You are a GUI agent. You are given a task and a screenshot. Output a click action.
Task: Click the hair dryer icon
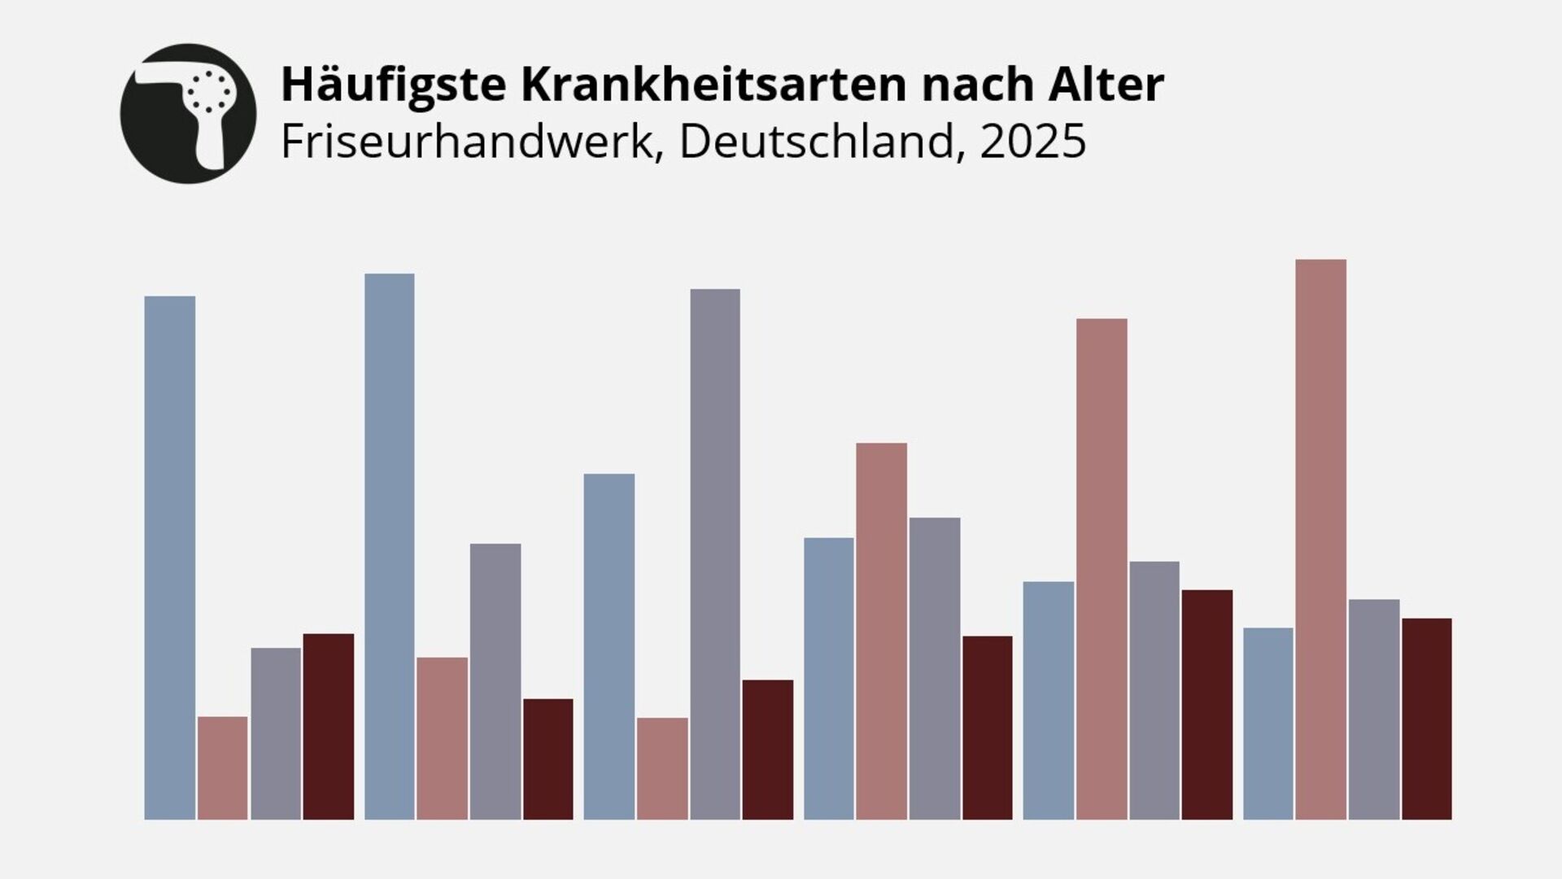coord(188,113)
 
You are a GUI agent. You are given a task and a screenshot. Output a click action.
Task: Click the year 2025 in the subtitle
coord(1032,141)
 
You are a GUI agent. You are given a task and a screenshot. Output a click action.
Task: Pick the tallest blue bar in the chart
coord(390,546)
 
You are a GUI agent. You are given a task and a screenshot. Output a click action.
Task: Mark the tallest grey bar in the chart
coord(715,553)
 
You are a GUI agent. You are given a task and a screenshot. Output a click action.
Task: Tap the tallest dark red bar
coord(1207,704)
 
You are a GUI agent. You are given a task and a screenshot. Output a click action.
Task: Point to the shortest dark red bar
coord(548,759)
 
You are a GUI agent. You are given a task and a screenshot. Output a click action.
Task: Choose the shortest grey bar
coord(275,733)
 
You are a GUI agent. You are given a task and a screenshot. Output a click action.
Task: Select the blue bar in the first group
coord(170,558)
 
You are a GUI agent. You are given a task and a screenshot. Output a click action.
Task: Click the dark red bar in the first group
coord(329,726)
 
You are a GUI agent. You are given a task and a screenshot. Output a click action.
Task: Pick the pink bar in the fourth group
coord(881,631)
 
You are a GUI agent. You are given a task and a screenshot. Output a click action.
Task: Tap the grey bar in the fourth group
coord(935,668)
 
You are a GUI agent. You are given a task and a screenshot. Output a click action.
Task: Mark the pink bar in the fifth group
coord(1102,569)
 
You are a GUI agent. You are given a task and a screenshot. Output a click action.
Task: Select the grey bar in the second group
coord(495,681)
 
